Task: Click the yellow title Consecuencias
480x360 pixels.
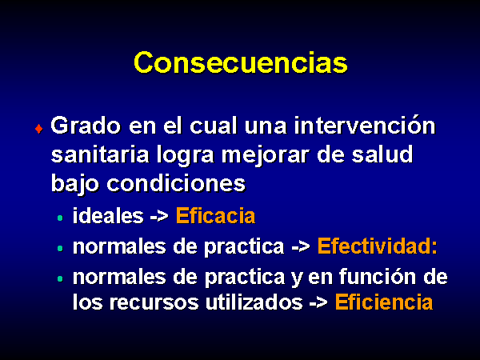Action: pos(241,62)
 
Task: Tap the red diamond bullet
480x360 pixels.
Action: pos(39,129)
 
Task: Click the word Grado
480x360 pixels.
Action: pos(86,126)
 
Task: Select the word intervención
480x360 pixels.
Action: pos(365,125)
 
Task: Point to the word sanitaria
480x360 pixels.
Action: pos(100,154)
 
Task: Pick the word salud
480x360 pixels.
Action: pos(382,154)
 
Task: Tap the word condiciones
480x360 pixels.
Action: pos(176,183)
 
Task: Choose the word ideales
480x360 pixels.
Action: pos(108,216)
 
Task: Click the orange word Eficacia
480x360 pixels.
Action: pos(215,216)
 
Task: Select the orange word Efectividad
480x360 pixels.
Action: pos(375,246)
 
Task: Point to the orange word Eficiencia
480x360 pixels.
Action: pos(384,302)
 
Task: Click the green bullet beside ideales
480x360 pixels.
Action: pos(60,218)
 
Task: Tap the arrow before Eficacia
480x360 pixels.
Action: pos(159,217)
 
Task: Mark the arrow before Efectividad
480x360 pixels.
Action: pos(301,246)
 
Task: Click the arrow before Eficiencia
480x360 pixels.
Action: pos(318,302)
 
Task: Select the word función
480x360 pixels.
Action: pos(378,276)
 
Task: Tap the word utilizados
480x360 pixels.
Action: pos(254,302)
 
